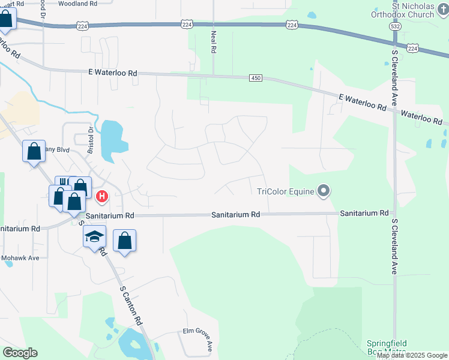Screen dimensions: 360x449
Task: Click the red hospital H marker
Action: [x=102, y=196]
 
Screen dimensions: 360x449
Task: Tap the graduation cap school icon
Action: [x=94, y=236]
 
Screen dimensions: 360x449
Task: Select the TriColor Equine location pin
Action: [x=324, y=192]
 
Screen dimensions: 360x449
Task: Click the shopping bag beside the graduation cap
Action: [x=124, y=241]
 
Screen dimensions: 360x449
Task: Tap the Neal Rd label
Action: [x=212, y=42]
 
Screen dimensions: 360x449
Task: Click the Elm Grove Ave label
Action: [x=198, y=340]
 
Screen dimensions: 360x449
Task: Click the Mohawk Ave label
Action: [x=20, y=257]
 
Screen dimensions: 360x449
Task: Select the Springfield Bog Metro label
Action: [x=387, y=347]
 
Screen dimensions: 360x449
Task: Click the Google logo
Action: [x=20, y=352]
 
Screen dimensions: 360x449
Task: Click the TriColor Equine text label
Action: [x=285, y=192]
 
